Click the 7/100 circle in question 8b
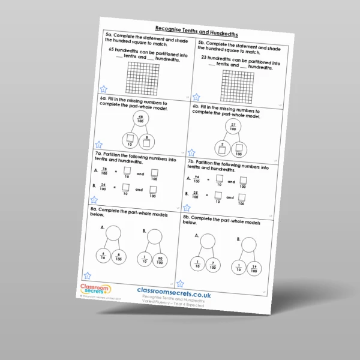pyautogui.click(x=214, y=264)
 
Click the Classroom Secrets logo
pyautogui.click(x=92, y=292)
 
